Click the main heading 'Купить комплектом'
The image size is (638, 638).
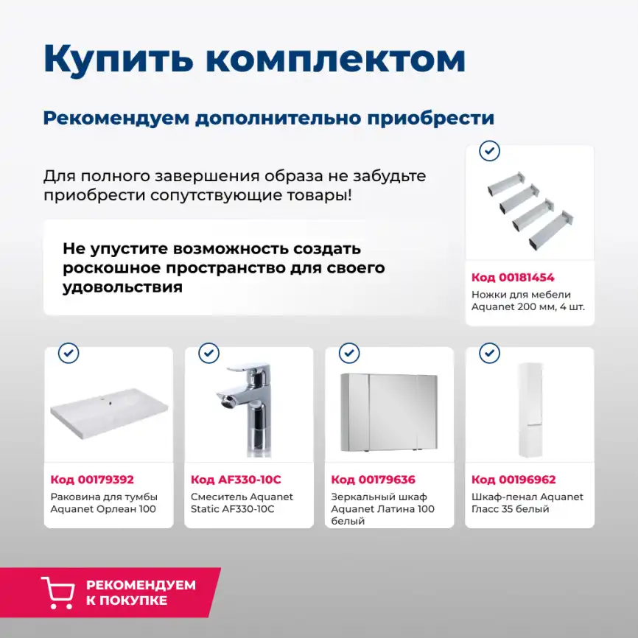click(x=254, y=59)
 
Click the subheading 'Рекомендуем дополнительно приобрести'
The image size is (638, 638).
click(x=268, y=118)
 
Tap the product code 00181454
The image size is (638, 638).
click(x=513, y=278)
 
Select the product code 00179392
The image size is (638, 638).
click(x=92, y=480)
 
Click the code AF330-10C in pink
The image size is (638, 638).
click(x=236, y=480)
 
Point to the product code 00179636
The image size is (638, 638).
click(x=373, y=480)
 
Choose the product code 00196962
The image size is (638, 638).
click(x=513, y=480)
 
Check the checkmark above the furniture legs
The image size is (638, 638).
click(x=489, y=151)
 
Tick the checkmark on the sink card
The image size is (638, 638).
click(x=69, y=353)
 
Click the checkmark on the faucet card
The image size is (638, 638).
click(x=209, y=353)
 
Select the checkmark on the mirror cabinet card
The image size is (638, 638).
click(x=349, y=353)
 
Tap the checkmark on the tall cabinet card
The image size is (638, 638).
click(x=489, y=353)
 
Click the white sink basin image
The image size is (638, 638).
click(x=109, y=416)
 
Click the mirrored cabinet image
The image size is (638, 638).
click(x=389, y=412)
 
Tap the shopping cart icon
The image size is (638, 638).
click(x=57, y=592)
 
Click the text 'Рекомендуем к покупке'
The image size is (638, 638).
click(x=141, y=592)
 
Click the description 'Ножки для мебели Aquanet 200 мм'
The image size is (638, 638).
click(x=527, y=301)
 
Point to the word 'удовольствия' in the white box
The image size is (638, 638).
click(x=122, y=287)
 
